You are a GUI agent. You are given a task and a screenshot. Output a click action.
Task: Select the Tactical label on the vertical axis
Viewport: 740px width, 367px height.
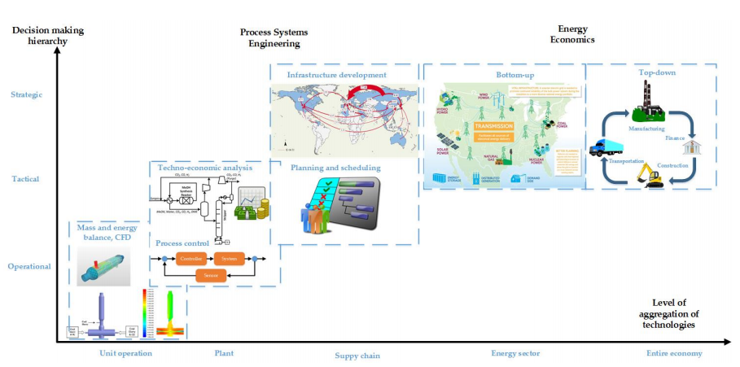(x=28, y=179)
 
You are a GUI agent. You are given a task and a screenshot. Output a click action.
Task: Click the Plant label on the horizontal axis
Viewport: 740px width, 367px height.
(x=223, y=353)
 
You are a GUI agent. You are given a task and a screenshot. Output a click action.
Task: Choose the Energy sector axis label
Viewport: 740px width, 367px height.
(x=515, y=353)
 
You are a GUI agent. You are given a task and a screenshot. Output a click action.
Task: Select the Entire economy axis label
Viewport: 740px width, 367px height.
(x=674, y=353)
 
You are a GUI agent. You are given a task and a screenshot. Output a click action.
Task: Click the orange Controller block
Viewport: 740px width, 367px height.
(x=190, y=259)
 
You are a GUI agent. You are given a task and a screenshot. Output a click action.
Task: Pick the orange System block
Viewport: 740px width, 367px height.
(x=234, y=259)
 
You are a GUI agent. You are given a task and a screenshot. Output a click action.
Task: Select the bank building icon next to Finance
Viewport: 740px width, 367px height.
(x=694, y=146)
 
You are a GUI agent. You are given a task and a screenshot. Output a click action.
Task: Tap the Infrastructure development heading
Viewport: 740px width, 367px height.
(x=336, y=75)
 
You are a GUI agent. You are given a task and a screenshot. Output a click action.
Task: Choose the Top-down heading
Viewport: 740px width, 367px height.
(x=657, y=73)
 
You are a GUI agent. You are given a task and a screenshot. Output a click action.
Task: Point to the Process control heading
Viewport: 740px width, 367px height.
(x=183, y=242)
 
